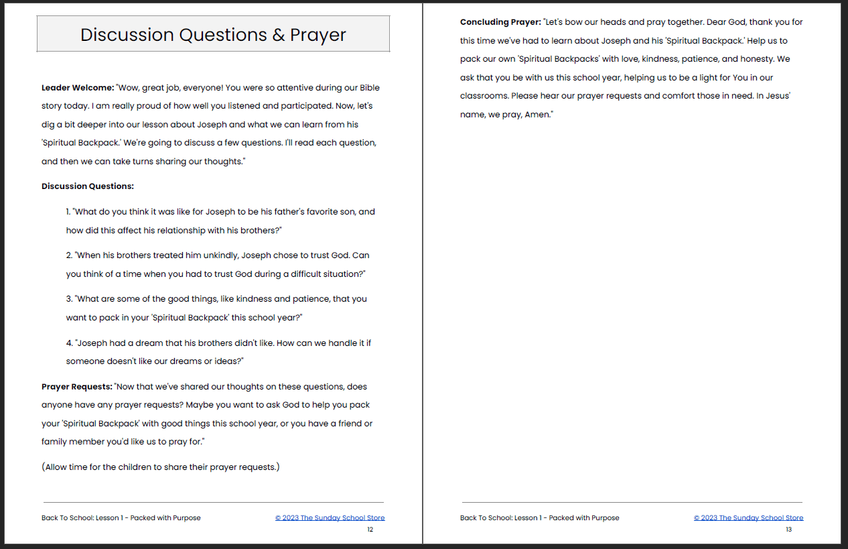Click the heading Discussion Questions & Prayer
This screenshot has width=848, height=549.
coord(213,35)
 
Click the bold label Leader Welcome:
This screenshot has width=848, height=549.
coord(78,88)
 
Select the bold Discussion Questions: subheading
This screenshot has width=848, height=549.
coord(88,186)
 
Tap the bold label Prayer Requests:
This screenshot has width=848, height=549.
coord(76,387)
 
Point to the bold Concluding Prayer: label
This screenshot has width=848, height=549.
coord(500,22)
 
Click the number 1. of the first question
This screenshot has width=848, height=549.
coord(69,212)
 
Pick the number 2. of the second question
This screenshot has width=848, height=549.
coord(69,255)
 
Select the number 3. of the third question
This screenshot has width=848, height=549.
coord(69,299)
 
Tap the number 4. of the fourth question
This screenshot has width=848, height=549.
coord(70,343)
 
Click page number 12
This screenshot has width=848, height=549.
coord(370,530)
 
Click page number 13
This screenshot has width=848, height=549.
coord(788,530)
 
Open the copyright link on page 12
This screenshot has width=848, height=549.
coord(330,517)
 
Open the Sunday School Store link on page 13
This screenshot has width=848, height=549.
coord(748,517)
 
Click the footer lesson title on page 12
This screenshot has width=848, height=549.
coord(121,517)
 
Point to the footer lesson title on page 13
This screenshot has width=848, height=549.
coord(539,517)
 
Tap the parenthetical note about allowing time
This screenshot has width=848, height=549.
coord(161,467)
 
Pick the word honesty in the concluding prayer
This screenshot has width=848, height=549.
coord(757,59)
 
